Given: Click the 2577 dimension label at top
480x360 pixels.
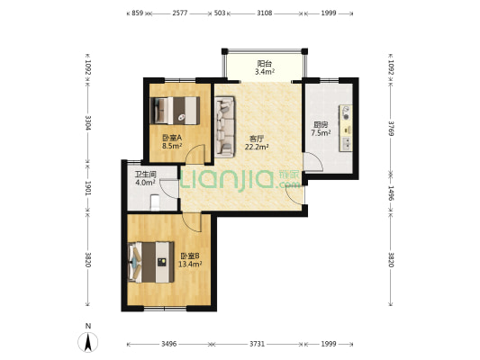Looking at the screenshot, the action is (x=180, y=13).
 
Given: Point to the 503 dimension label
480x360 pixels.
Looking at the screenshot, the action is (x=220, y=13).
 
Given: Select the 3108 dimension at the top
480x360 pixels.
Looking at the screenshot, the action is (x=265, y=13).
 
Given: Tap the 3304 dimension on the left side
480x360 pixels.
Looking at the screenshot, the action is (x=88, y=122).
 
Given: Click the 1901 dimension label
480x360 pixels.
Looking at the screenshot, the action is (x=88, y=188).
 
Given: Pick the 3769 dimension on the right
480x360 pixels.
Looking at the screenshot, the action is (x=391, y=129).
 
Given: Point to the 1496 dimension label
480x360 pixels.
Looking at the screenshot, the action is (x=391, y=193).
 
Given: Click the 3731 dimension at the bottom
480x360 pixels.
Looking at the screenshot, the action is (x=257, y=344).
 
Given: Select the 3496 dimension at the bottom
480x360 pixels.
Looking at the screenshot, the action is (x=168, y=344).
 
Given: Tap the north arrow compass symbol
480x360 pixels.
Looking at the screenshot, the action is (x=88, y=342).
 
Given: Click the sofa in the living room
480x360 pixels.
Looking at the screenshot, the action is (x=225, y=127).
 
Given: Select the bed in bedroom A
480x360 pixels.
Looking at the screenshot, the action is (x=175, y=111).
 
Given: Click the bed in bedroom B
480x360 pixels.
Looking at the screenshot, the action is (x=151, y=262).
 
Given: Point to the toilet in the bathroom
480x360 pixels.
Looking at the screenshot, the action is (x=155, y=202).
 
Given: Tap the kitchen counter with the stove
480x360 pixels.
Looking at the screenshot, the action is (x=345, y=128).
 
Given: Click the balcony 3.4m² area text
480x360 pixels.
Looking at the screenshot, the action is (x=265, y=72).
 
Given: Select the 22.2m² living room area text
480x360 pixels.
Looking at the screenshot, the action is (x=257, y=147).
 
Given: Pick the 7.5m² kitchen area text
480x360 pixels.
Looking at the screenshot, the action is (x=321, y=132).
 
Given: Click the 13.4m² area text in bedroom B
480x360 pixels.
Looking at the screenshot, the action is (x=190, y=264).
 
